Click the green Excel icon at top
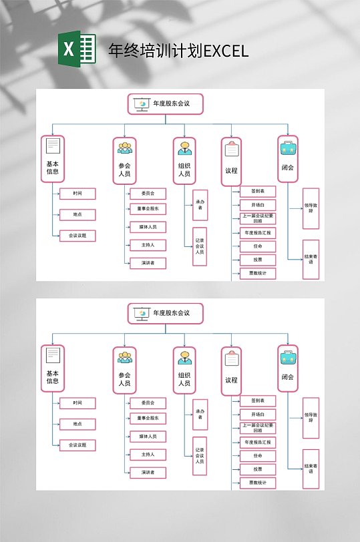tap(77, 50)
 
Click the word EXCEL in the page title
tap(226, 51)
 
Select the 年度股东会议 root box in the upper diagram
tap(165, 104)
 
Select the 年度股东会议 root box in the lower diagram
tap(165, 313)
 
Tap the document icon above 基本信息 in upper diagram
tap(53, 146)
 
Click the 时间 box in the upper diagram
tap(77, 194)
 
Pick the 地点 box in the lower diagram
tap(77, 424)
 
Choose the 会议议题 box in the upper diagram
tap(77, 236)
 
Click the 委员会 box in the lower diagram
tap(148, 403)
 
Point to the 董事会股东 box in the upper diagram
tap(148, 209)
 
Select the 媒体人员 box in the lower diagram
tap(148, 437)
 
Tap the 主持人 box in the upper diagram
tap(148, 245)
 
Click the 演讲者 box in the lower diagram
tap(148, 473)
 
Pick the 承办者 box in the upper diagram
tap(200, 205)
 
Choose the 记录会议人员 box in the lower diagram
tap(200, 456)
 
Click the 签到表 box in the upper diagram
tap(257, 191)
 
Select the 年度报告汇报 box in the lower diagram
tap(257, 442)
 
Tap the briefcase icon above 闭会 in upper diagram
tap(288, 148)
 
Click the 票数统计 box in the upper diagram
tap(257, 273)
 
